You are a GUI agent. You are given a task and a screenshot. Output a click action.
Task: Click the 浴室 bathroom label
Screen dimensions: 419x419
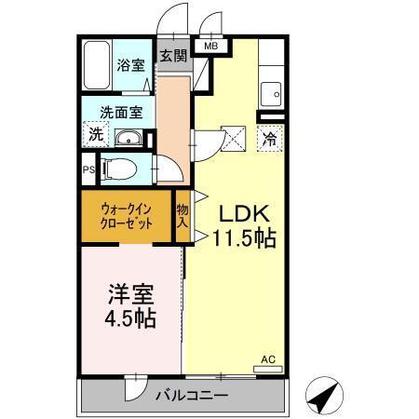coord(129,66)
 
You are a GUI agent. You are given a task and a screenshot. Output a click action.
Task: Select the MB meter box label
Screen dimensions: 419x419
coord(210,46)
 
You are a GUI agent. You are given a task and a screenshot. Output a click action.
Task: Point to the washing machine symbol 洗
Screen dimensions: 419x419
coord(96,134)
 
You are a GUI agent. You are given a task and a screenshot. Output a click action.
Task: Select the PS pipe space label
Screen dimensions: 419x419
coord(88,170)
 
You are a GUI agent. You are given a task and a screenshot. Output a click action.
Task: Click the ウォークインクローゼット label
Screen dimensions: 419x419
coord(127,217)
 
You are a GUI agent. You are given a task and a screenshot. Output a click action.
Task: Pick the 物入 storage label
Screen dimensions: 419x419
coord(182,216)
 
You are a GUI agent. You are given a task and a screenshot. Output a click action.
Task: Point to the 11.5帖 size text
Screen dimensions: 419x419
coord(244,237)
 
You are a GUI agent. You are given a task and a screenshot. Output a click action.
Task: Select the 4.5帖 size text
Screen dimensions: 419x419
coord(131,318)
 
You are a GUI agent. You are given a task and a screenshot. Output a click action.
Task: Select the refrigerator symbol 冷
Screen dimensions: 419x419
coord(269,141)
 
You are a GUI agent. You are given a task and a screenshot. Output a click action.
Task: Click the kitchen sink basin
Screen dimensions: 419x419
coord(271,93)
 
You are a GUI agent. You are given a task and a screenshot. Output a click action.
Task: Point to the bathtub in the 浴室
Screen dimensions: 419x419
coord(98,66)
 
